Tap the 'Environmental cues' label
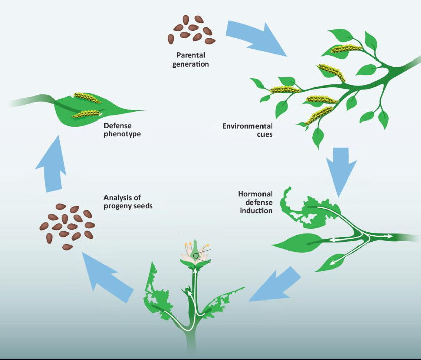tap(247, 130)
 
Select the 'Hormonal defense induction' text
tap(255, 202)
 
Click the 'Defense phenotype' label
tap(122, 130)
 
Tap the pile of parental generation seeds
tap(191, 29)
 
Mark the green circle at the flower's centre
tap(196, 256)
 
